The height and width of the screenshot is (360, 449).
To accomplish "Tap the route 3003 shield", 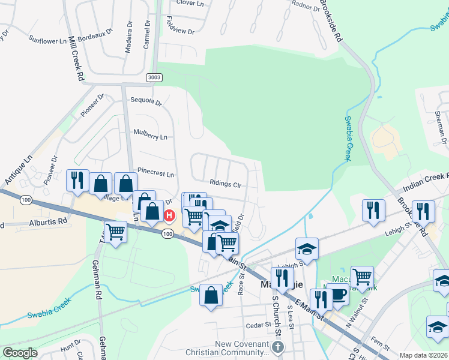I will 154,77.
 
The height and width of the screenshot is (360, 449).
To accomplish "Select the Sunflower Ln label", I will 48,41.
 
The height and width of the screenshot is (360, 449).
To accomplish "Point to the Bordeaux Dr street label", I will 97,36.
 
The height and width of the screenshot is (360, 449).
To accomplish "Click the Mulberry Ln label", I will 150,137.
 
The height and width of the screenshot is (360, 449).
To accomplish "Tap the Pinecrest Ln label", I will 155,175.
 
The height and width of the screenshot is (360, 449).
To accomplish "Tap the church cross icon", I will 277,347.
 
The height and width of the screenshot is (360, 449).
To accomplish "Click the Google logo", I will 20,353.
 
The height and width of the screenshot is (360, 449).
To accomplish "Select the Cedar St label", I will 259,325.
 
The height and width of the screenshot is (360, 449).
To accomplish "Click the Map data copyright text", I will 423,355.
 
